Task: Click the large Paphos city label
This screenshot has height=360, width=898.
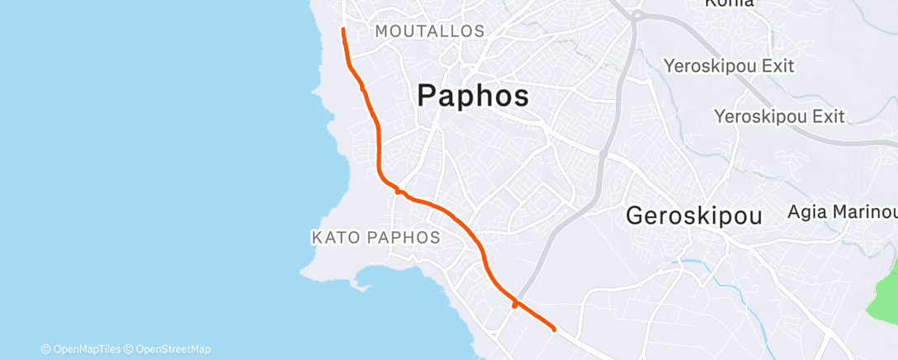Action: point(473,97)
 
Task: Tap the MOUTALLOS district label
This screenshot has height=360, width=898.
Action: point(429,31)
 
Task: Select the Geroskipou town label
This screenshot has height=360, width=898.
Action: point(693,216)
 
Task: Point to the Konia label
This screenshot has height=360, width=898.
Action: point(729,3)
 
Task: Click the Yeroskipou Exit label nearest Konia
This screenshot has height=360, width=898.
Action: point(729,65)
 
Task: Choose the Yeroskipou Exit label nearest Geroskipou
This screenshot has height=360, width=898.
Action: point(779,116)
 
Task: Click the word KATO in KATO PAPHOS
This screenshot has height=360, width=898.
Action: point(333,238)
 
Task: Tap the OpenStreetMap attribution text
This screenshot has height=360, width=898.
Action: point(171,348)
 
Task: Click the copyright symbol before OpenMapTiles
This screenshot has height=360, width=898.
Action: point(46,348)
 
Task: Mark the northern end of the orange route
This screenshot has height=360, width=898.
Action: point(343,30)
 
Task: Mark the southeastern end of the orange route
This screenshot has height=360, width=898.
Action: point(553,329)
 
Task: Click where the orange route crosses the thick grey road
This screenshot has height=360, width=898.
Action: point(516,303)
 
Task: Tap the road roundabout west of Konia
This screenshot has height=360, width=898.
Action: point(636,14)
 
